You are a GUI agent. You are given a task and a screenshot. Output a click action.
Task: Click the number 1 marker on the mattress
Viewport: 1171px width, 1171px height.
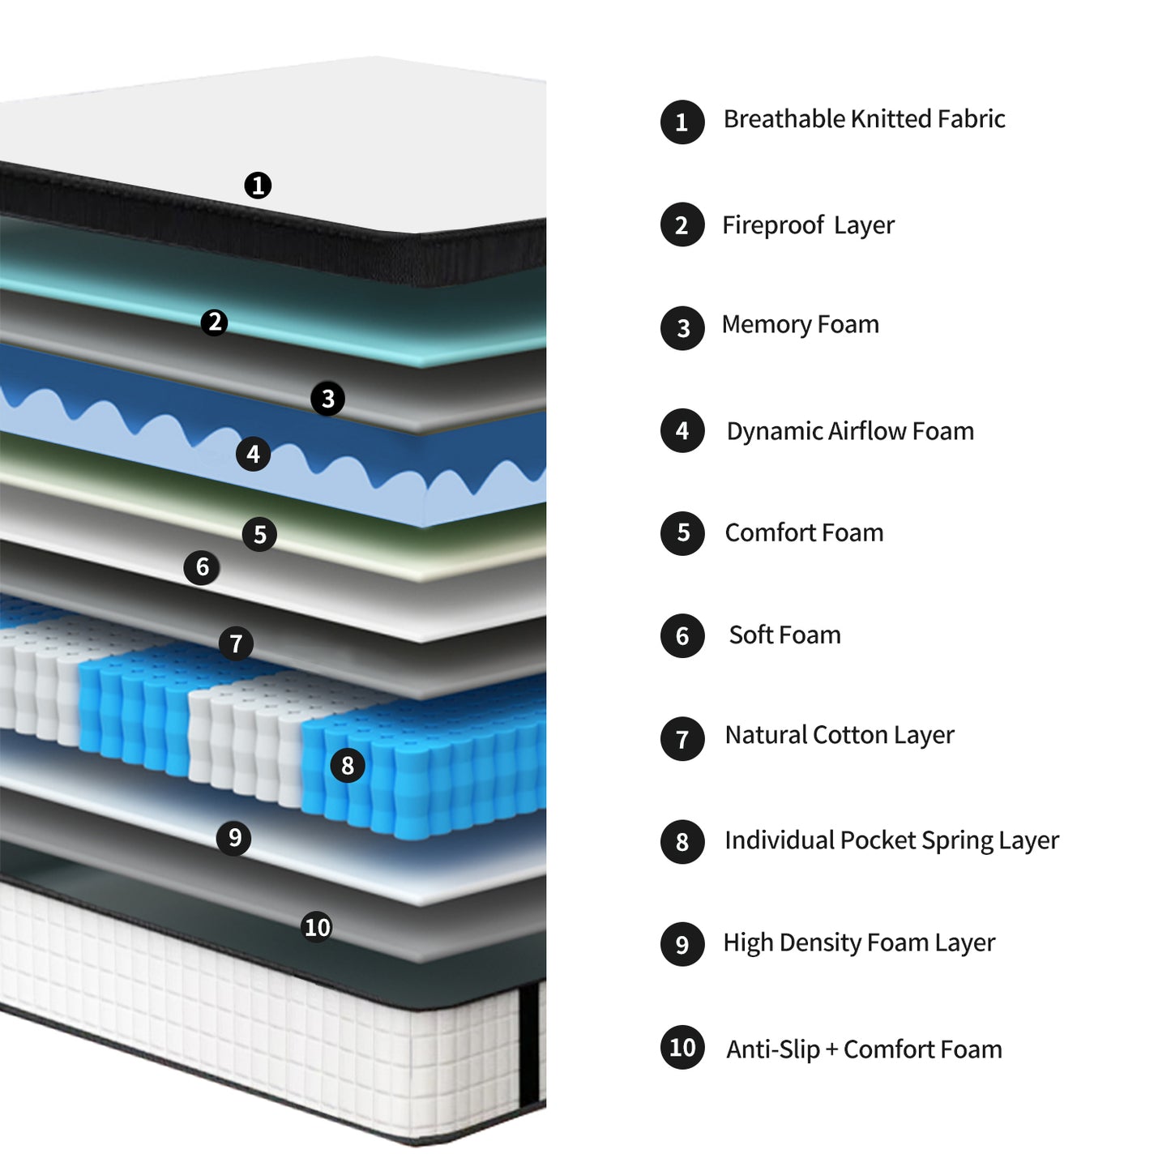tap(258, 186)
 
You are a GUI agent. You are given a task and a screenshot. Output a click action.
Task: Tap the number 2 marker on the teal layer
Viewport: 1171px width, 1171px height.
tap(215, 323)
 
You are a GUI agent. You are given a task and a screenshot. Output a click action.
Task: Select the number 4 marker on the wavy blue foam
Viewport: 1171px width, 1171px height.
tap(253, 454)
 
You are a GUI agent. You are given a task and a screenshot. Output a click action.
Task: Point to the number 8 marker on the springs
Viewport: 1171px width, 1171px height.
tap(348, 765)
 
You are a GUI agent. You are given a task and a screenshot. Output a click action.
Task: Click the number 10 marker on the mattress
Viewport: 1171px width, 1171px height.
tap(317, 926)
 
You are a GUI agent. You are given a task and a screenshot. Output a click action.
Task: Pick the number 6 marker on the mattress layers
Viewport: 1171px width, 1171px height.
tap(202, 567)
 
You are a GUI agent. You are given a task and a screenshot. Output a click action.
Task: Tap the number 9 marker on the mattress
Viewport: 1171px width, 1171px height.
tap(234, 837)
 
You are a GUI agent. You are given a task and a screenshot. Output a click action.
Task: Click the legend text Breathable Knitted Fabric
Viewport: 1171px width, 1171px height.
tap(864, 119)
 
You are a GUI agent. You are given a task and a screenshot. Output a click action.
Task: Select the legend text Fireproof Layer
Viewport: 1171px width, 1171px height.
tap(808, 224)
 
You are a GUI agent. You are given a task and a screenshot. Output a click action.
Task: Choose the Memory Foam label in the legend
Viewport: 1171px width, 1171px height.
tap(800, 324)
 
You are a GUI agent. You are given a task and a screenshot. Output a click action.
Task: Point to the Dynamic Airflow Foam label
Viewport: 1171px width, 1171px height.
tap(850, 431)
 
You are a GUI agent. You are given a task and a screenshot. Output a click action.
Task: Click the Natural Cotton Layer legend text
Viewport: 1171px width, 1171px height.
tap(840, 735)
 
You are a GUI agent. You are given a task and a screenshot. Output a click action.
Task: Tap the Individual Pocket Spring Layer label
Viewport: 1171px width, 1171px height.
tap(891, 840)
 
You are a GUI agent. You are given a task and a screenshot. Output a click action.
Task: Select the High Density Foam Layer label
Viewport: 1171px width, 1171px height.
tap(859, 942)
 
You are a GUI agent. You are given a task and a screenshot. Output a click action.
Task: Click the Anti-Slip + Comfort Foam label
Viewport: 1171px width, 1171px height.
tap(864, 1049)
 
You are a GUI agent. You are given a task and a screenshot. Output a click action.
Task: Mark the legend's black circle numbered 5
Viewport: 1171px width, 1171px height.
tap(682, 533)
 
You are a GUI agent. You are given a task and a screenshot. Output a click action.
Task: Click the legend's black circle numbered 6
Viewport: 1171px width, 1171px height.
tap(682, 635)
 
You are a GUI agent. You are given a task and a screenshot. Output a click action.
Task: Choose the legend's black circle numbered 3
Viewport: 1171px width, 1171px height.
tap(682, 328)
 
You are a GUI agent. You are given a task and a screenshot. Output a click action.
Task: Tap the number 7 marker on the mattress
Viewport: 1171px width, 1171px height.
tap(236, 643)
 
